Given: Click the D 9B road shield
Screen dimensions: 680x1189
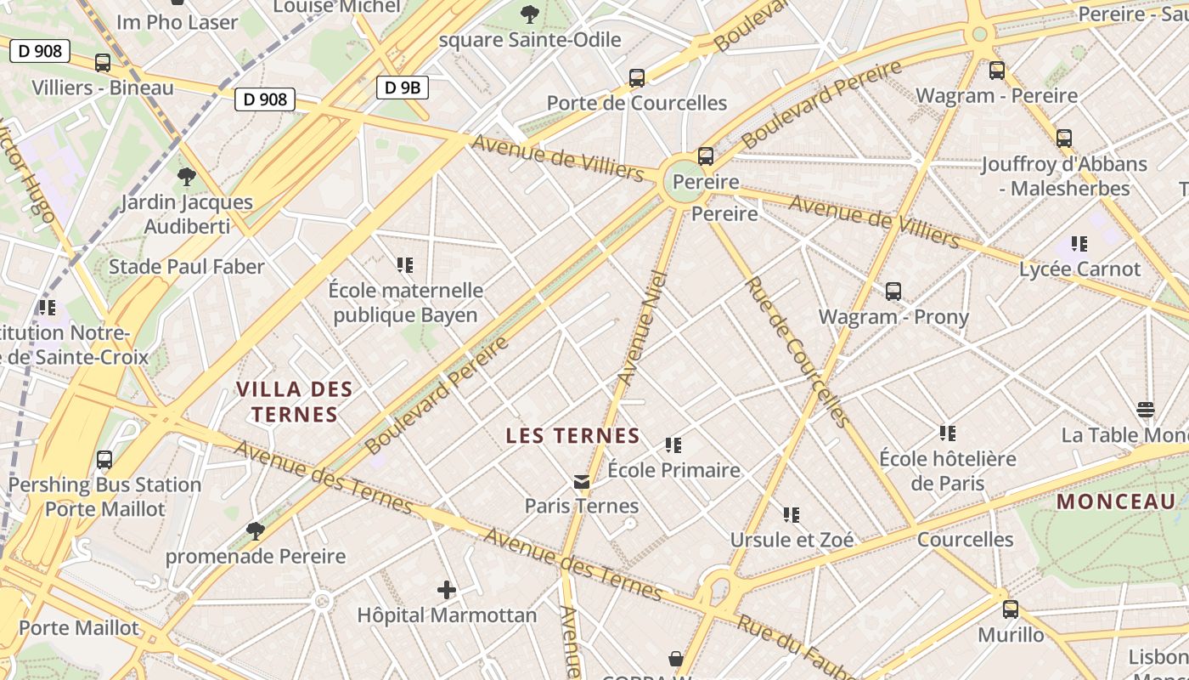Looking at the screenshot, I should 402,87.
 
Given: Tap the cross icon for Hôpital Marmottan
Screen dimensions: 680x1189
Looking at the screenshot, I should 446,589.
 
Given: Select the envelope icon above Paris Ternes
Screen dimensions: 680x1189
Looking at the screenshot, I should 582,482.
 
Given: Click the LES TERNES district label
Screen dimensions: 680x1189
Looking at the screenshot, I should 572,436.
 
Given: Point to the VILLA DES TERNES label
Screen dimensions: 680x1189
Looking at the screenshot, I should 293,402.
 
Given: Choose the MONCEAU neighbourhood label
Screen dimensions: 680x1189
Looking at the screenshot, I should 1115,501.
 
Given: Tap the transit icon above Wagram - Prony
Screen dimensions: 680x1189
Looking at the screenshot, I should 893,292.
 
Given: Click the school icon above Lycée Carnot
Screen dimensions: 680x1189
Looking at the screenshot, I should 1079,244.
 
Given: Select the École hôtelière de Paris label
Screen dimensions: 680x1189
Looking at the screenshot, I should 947,471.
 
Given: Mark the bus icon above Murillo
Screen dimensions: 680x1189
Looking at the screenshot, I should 1010,609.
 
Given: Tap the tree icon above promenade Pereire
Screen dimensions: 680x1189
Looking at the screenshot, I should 255,531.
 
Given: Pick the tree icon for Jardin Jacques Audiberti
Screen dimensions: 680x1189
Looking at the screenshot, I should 186,177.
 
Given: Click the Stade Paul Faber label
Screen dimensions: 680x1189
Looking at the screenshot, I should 187,267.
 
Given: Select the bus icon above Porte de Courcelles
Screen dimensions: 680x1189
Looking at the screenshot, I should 637,78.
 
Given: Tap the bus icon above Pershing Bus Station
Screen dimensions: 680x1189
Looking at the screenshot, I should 104,460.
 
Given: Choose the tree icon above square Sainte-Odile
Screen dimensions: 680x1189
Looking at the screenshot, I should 529,14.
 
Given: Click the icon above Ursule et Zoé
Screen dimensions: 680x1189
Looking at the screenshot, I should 792,514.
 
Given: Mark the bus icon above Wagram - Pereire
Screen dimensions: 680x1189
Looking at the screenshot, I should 996,71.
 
